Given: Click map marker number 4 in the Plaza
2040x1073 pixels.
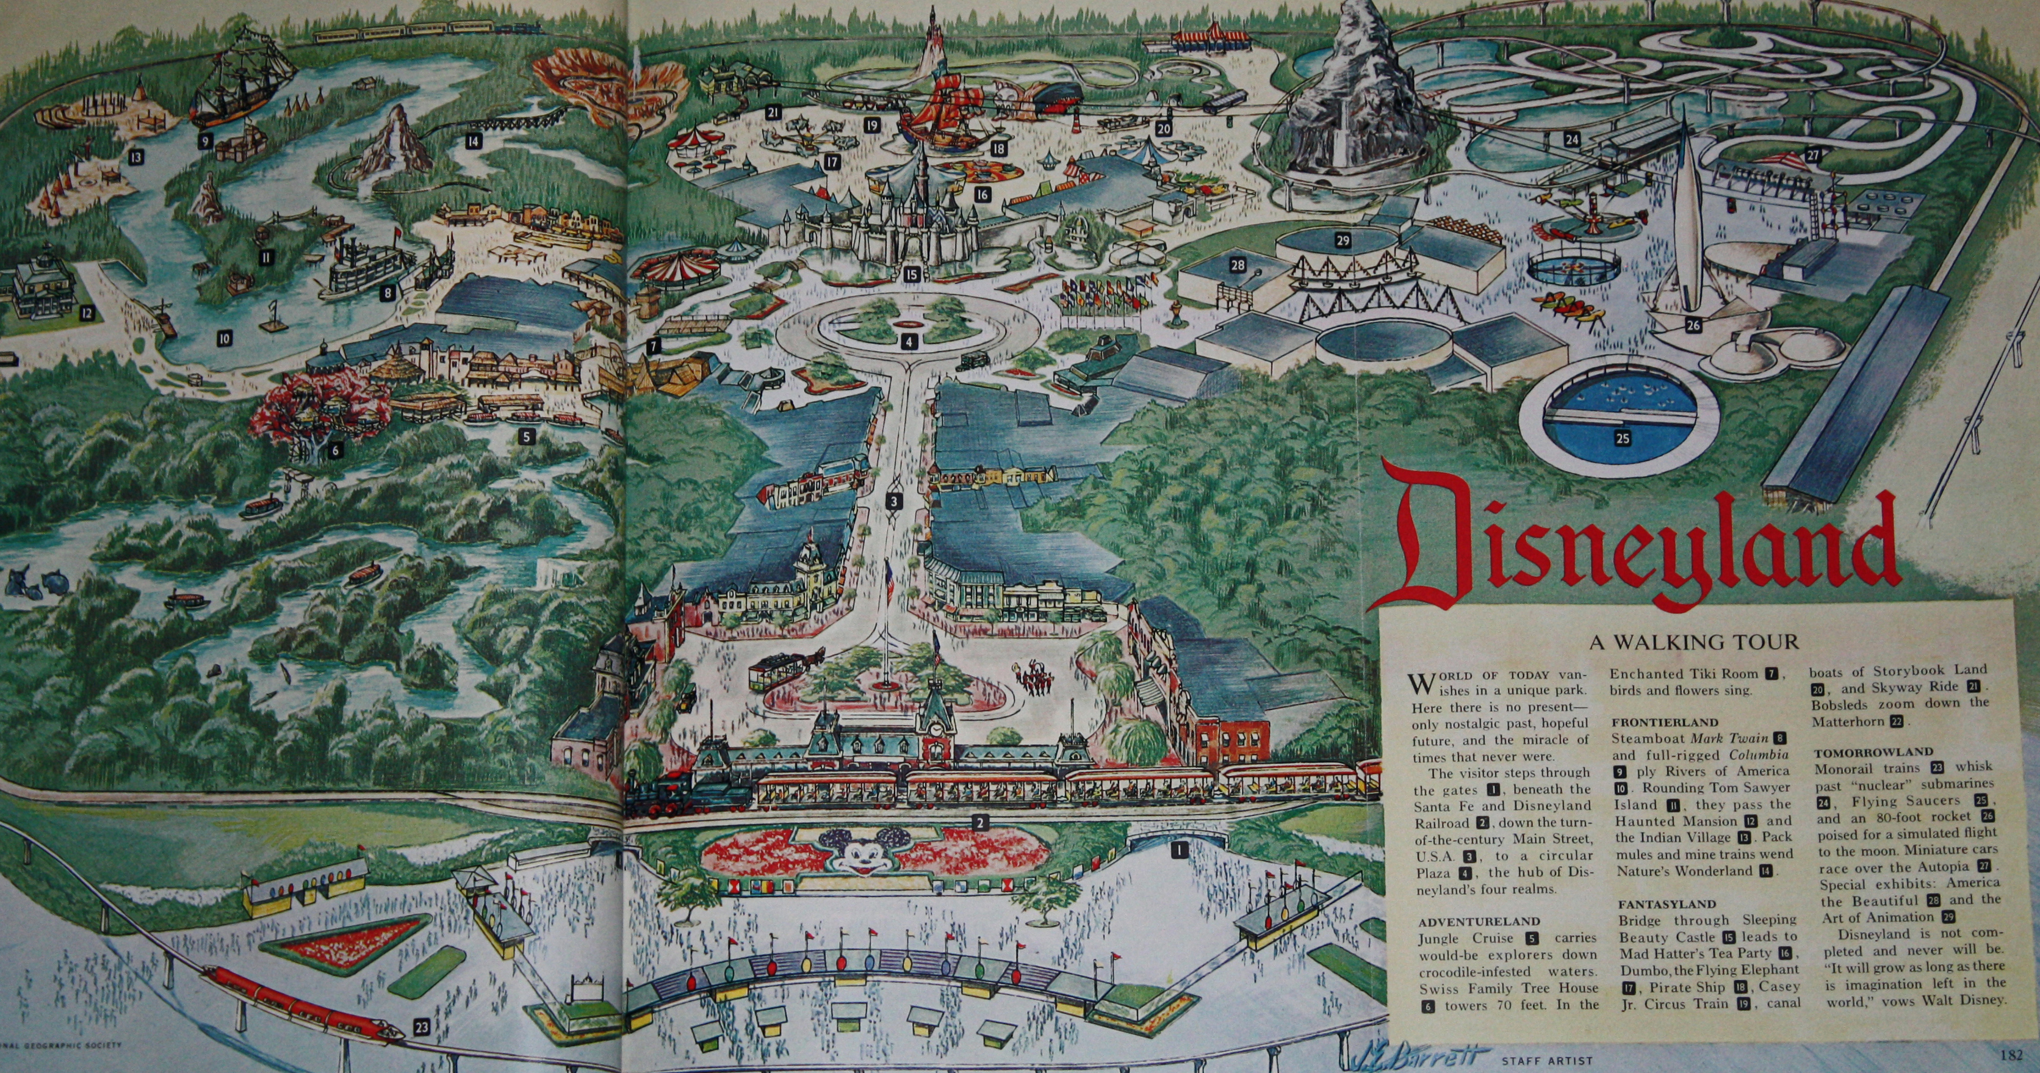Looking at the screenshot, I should click(x=910, y=342).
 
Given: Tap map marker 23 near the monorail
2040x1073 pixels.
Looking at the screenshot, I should click(x=421, y=1028).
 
